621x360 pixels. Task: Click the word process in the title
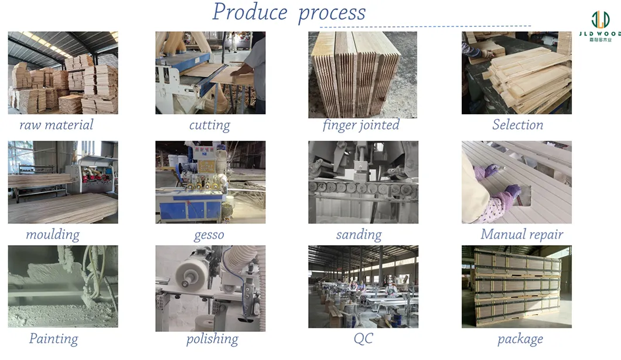coord(332,13)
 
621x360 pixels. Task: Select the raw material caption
coord(56,125)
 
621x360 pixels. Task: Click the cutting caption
coord(210,125)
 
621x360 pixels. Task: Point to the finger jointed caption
coord(361,125)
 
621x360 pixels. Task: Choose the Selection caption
coord(517,125)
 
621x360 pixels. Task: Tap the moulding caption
coord(53,235)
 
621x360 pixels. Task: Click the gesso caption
coord(209,235)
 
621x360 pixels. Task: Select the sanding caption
coord(359,235)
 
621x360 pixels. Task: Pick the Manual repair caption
coord(521,235)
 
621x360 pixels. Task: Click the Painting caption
coord(53,339)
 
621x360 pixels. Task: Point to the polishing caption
coord(212,339)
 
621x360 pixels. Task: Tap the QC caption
coord(363,339)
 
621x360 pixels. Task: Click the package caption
coord(520,339)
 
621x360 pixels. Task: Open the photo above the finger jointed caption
coord(363,74)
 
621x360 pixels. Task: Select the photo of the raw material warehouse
coord(63,73)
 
